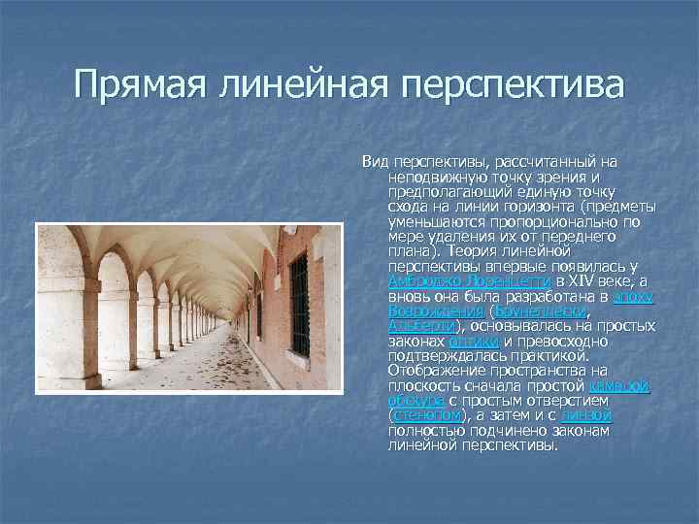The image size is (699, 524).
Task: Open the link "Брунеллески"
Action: tap(541, 311)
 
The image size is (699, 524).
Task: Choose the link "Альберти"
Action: tap(421, 326)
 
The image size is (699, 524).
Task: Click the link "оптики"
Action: tap(474, 341)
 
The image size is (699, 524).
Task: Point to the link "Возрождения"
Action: tap(435, 311)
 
